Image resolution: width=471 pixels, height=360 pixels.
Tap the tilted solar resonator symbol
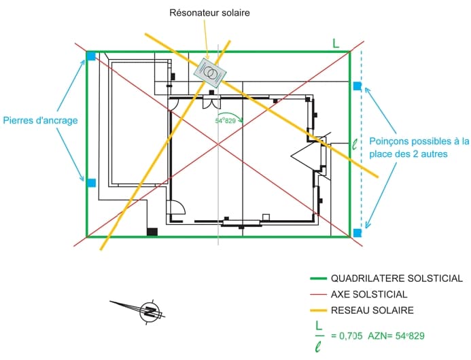point(210,70)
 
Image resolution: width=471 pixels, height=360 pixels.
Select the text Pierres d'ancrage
point(40,121)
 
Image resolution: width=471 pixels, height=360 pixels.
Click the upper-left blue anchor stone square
point(91,56)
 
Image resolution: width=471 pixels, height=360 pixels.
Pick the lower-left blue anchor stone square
point(91,182)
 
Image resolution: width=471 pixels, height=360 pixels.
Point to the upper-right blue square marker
point(357,86)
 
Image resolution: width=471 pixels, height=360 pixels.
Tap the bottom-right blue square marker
point(357,233)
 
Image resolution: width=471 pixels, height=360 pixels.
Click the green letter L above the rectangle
point(336,43)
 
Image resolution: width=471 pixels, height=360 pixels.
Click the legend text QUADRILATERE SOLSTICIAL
point(397,278)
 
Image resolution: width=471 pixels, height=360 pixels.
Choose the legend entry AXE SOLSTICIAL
point(369,295)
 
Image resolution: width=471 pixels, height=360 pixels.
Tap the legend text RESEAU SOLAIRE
point(372,310)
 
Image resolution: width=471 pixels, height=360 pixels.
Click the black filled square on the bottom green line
point(152,232)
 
